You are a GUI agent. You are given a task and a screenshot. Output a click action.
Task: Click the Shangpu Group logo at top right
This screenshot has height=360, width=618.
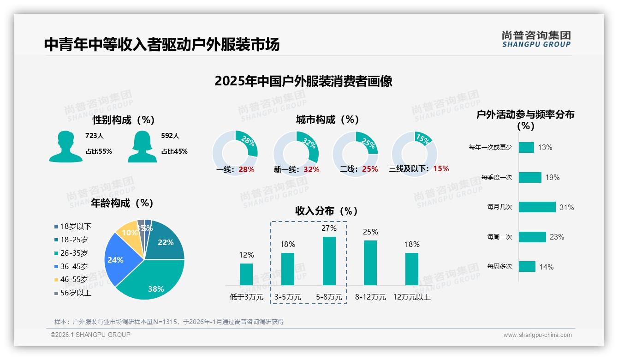coord(536,39)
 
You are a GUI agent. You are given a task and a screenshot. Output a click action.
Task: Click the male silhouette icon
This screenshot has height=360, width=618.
coord(65,146)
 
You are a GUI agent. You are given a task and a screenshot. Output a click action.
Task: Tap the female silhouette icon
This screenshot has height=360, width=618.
coord(142,146)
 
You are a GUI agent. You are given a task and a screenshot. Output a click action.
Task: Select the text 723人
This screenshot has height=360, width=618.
coord(95,136)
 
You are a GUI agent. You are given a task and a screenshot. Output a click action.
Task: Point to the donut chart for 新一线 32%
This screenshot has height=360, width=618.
coord(296,153)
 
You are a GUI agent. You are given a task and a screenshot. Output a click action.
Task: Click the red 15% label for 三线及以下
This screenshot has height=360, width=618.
coord(441,168)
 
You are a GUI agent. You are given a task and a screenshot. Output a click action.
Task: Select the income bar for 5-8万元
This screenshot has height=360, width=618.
coord(329,261)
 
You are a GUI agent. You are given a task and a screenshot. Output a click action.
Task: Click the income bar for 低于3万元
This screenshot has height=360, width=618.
coord(246,274)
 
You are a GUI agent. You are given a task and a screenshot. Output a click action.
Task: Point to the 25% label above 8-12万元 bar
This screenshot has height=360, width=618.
coord(370,232)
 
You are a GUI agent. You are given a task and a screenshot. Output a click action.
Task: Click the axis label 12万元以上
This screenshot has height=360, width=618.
coord(411,297)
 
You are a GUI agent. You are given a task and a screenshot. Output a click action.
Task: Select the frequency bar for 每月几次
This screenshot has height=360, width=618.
coord(537,207)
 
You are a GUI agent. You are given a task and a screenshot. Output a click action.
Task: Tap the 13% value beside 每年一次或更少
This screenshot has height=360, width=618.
coord(545,148)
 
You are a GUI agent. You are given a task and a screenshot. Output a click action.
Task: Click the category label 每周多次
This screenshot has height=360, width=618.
coord(499,267)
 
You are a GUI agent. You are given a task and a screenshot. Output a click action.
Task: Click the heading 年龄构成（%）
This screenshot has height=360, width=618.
coord(122,203)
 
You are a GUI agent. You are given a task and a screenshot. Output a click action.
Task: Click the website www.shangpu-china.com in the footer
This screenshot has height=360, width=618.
coord(537,335)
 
